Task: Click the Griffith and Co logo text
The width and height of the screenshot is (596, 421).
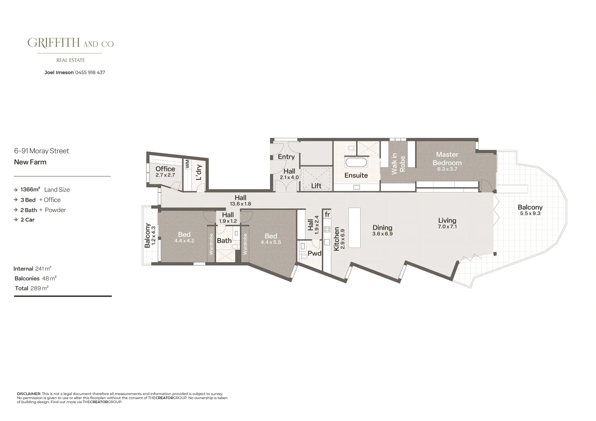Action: tap(71, 43)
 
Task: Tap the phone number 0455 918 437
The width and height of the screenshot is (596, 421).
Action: tap(90, 73)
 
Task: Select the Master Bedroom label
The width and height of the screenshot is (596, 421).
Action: tap(447, 159)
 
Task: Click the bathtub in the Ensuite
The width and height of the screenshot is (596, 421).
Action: tap(356, 162)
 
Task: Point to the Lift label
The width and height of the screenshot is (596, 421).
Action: tap(316, 186)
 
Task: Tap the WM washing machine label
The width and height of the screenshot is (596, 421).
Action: tap(187, 163)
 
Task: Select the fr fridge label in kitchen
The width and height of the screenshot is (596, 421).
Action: tap(327, 214)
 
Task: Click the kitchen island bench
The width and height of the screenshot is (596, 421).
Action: tap(354, 228)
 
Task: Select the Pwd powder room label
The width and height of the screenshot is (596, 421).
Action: tap(315, 253)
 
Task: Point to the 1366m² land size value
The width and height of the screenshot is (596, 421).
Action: tap(30, 190)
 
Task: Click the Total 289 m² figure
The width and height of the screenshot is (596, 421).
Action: tap(39, 288)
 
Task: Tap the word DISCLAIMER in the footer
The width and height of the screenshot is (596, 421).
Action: tap(29, 394)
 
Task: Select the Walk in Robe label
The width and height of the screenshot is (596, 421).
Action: tap(398, 164)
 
